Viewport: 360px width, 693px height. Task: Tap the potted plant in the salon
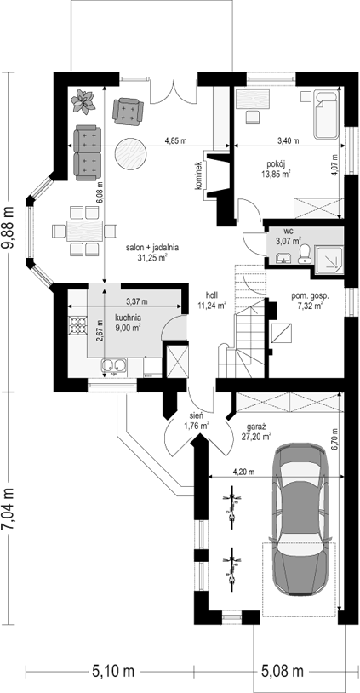click(83, 100)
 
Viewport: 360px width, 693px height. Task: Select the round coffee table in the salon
click(131, 155)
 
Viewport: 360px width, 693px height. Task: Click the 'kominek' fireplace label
click(199, 175)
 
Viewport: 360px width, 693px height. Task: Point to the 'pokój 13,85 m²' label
click(278, 169)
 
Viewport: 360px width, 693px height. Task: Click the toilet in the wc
click(305, 255)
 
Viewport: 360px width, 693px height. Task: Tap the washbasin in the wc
click(283, 257)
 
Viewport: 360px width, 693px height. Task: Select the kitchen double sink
click(113, 366)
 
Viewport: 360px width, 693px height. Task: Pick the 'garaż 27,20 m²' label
click(256, 432)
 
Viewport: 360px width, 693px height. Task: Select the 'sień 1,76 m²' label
click(196, 421)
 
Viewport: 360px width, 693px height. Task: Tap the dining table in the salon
click(85, 232)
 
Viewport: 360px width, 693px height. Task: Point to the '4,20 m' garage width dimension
click(244, 472)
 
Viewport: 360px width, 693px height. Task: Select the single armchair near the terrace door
click(129, 111)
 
